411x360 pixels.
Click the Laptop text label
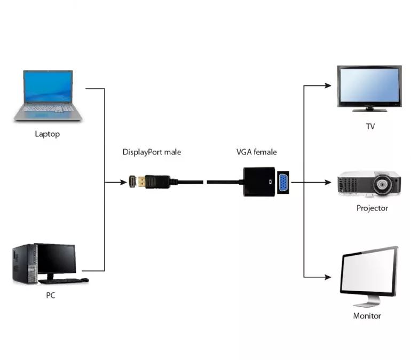pos(48,134)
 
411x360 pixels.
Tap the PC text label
pos(51,295)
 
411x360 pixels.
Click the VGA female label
pos(257,152)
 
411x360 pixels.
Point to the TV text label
pos(370,127)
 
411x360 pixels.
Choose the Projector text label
pos(372,208)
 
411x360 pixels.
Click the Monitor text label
pos(367,316)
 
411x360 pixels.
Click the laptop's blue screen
pos(48,87)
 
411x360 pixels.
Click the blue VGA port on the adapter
pos(283,182)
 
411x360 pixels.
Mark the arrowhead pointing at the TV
pos(328,85)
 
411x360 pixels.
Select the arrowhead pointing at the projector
pos(328,182)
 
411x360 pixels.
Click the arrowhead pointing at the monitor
pos(328,277)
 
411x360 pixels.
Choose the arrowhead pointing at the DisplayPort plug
pos(124,182)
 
